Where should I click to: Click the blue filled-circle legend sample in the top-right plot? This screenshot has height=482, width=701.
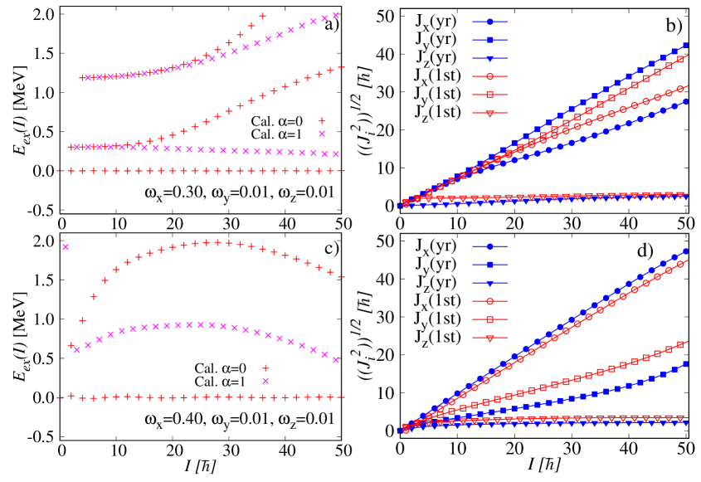point(489,22)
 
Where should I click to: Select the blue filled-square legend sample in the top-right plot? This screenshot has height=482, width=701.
point(489,40)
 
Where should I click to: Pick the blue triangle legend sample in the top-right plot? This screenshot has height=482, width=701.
point(489,59)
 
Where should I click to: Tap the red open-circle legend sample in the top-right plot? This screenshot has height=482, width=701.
point(489,76)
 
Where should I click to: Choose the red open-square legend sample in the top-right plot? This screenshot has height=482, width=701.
point(489,95)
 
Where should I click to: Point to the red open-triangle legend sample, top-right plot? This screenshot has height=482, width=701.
point(489,114)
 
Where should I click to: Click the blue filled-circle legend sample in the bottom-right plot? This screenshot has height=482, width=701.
point(489,246)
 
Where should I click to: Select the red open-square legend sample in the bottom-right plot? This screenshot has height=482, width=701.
point(489,319)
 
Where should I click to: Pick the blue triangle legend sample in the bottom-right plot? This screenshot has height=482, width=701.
point(489,283)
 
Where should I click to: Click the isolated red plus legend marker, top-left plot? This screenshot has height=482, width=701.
point(322,121)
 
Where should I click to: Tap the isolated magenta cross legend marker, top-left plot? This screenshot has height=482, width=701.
point(322,134)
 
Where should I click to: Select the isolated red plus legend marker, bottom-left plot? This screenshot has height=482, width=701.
point(265,368)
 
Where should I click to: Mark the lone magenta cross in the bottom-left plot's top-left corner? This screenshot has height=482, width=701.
point(66,247)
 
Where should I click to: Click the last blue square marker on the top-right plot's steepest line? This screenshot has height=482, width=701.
point(686,46)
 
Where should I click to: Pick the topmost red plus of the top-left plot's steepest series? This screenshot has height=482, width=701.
point(263,16)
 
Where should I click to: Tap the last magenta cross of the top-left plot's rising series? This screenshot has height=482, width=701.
point(336,15)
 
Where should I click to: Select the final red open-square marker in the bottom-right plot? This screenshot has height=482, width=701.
point(686,343)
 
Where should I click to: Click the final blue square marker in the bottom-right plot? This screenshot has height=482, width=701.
point(686,364)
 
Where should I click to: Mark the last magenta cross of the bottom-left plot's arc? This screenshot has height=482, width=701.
point(336,359)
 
